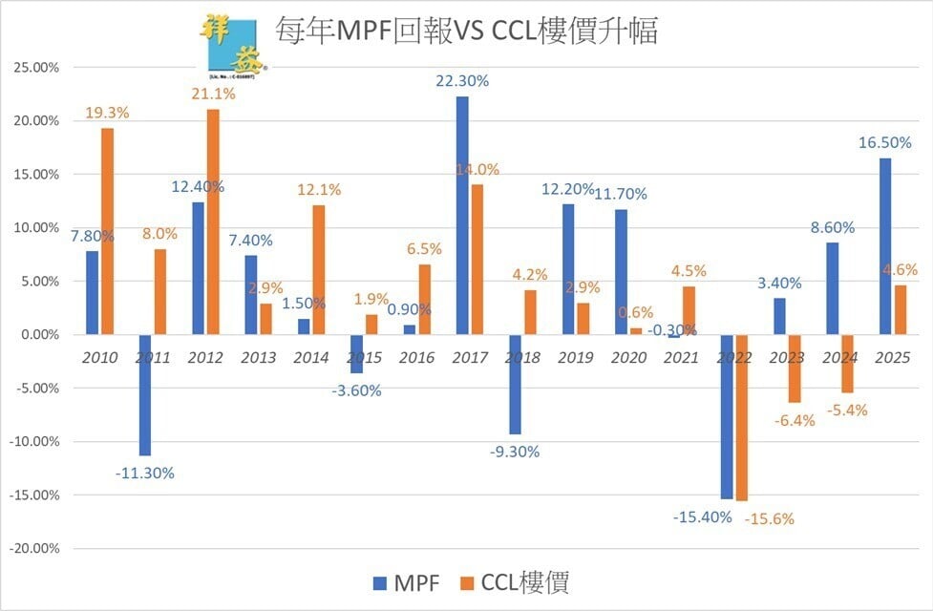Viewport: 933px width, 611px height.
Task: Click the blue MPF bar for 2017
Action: [x=462, y=216]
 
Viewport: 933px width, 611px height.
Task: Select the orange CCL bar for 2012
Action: [x=212, y=221]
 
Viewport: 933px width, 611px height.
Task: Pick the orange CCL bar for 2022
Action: [x=742, y=417]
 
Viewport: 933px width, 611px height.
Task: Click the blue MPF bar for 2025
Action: [x=884, y=246]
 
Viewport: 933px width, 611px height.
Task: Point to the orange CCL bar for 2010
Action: [x=107, y=231]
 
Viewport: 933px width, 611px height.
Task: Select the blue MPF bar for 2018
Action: [x=515, y=384]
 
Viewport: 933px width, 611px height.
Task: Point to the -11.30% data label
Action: [x=145, y=473]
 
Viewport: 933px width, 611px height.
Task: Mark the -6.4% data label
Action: [x=795, y=420]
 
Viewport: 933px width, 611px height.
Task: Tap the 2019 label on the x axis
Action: [x=575, y=357]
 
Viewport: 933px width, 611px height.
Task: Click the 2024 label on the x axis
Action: [x=838, y=357]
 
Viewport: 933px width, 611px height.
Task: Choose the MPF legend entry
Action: [x=401, y=581]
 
